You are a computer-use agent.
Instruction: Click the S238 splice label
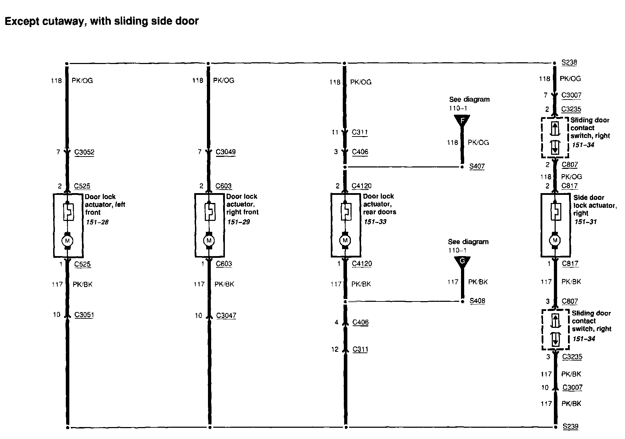[569, 63]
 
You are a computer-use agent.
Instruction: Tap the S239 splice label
[570, 426]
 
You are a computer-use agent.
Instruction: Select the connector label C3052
[84, 152]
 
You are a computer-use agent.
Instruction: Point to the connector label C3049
[226, 152]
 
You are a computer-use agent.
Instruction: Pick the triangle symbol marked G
[462, 262]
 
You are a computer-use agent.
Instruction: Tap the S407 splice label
[477, 166]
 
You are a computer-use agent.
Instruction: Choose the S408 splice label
[477, 301]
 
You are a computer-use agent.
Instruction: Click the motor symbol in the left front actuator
[68, 241]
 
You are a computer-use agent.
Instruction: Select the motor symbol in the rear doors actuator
[345, 240]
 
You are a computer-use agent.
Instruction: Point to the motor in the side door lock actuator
[555, 240]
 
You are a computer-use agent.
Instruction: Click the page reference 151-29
[238, 222]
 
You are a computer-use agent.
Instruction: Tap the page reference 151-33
[375, 222]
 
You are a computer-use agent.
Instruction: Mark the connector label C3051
[84, 315]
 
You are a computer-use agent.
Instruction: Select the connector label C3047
[226, 316]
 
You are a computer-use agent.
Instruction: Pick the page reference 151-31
[586, 222]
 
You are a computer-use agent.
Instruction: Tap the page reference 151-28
[97, 222]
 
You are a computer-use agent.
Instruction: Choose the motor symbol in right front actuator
[209, 240]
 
